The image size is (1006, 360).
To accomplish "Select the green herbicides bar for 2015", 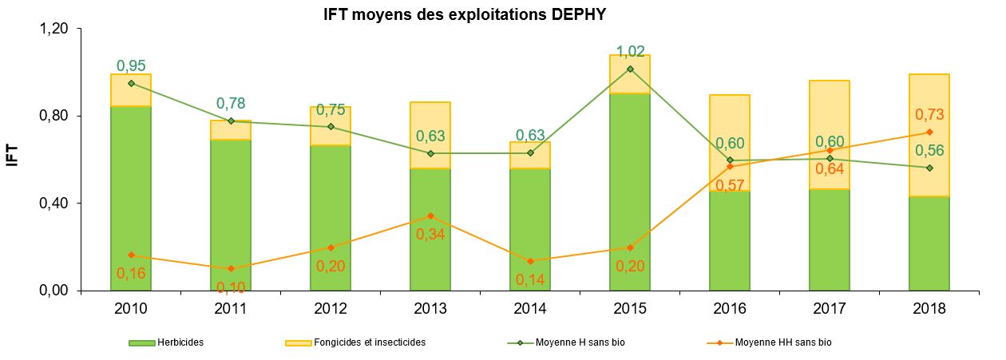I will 631,192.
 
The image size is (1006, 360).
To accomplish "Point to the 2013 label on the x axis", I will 430,308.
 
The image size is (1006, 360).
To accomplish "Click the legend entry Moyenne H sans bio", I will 571,342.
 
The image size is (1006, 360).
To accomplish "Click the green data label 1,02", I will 631,52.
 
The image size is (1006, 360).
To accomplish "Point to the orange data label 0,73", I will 929,115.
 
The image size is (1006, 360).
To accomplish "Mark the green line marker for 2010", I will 131,83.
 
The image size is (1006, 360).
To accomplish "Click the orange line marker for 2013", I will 430,216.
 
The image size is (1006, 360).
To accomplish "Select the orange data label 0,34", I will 430,235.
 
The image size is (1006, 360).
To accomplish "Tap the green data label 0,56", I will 929,150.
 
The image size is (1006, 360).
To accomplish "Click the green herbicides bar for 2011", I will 231,216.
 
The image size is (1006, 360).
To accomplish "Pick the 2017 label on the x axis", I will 830,308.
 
